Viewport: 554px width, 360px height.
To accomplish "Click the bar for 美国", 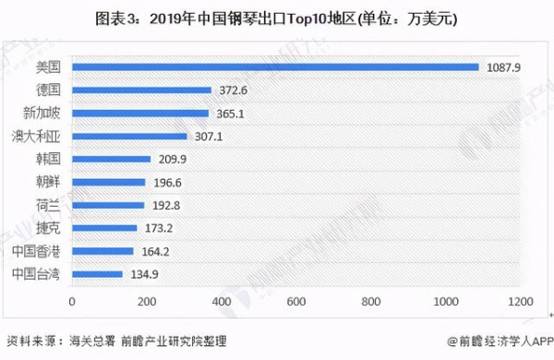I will [275, 66].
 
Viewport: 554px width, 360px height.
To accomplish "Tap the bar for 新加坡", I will [140, 113].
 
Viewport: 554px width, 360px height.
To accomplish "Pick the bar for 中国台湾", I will [97, 273].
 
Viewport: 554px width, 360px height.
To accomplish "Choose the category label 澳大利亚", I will [36, 136].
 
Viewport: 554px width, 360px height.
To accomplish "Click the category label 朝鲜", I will [47, 182].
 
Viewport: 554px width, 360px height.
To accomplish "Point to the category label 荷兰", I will [47, 205].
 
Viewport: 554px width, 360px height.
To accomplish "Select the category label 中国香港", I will [36, 250].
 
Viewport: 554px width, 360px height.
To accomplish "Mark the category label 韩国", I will [47, 159].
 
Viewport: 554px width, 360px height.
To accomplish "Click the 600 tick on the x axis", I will [296, 302].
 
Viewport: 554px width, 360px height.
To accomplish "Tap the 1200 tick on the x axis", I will [520, 302].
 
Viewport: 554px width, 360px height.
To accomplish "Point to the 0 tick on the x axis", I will [72, 302].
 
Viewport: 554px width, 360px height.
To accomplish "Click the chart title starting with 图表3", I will [276, 18].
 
